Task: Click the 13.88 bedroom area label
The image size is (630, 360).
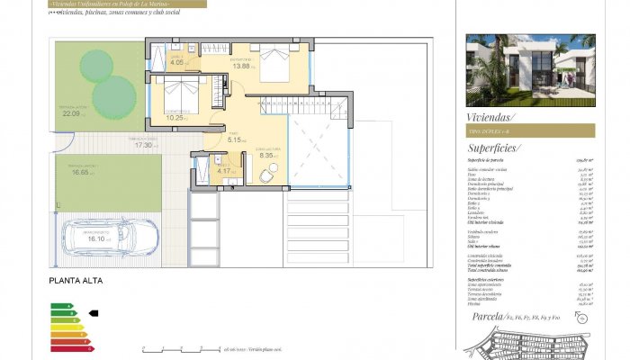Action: click(x=241, y=66)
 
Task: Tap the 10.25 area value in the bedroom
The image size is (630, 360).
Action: click(x=175, y=118)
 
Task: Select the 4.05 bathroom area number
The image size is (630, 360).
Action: click(x=177, y=62)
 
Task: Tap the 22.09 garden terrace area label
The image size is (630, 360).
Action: click(x=71, y=113)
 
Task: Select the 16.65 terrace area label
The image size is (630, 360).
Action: click(x=84, y=174)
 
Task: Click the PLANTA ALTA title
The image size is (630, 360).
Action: click(x=76, y=282)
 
